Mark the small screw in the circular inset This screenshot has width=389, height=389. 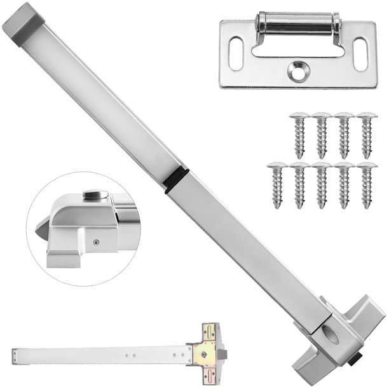click(96, 241)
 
